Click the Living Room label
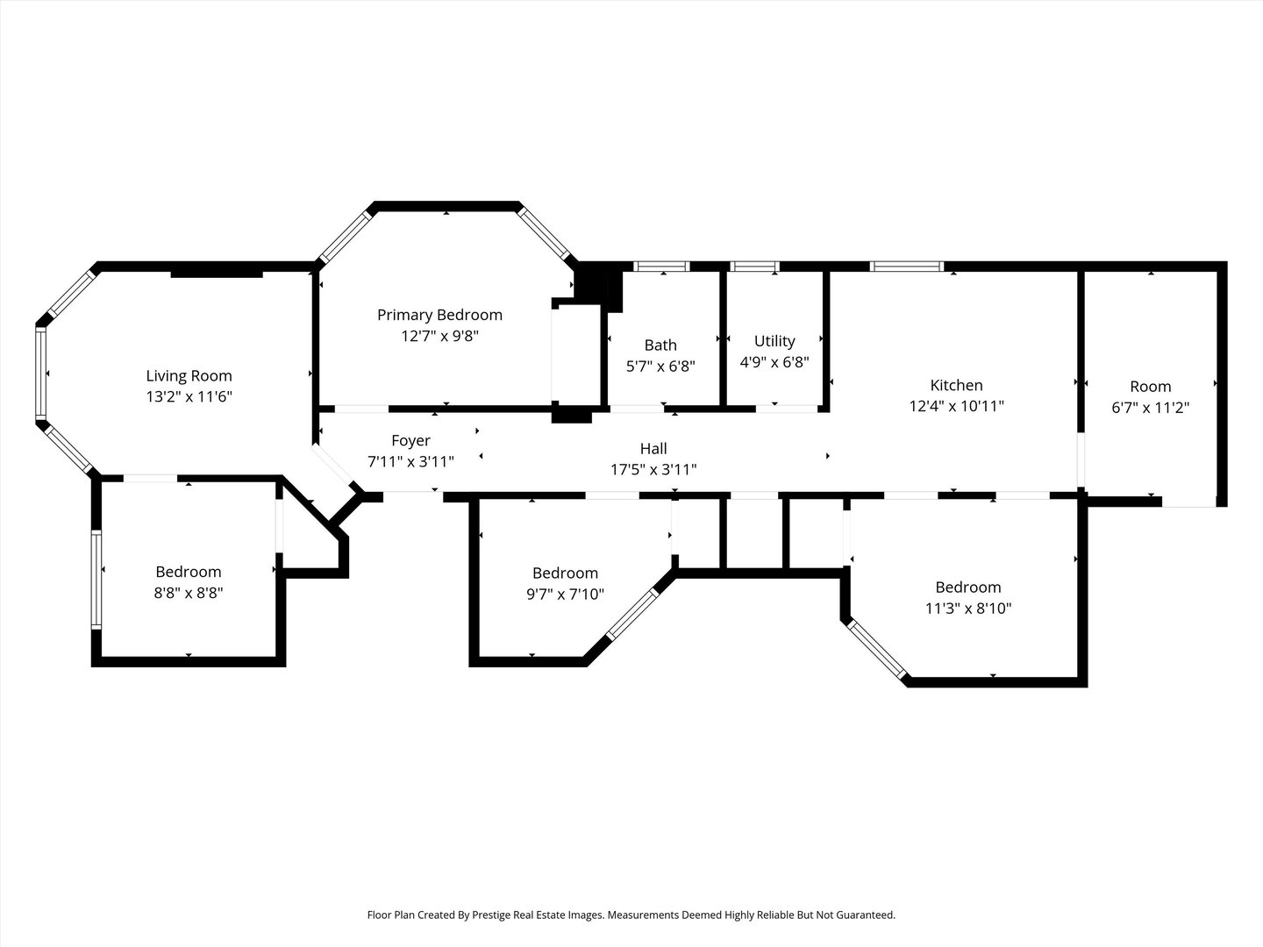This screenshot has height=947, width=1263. [x=189, y=376]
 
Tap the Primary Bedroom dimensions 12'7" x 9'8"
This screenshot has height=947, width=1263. [x=439, y=335]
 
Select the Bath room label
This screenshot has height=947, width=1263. [x=660, y=345]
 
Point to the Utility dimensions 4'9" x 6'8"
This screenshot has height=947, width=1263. [x=774, y=361]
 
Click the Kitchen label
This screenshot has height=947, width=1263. [x=956, y=385]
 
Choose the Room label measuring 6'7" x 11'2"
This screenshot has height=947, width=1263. [x=1150, y=387]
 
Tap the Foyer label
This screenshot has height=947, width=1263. [x=410, y=440]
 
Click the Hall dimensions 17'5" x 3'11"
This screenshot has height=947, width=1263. [x=653, y=469]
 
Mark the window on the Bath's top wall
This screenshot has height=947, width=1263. [x=662, y=267]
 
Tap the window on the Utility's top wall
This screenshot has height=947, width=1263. [x=755, y=267]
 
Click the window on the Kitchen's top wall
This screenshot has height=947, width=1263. [x=907, y=267]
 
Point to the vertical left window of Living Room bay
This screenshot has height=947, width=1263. [x=40, y=374]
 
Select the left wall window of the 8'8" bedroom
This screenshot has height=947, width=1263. [x=96, y=579]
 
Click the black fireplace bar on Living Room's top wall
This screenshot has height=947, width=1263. [x=217, y=274]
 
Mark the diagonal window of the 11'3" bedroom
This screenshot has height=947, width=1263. [x=876, y=650]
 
